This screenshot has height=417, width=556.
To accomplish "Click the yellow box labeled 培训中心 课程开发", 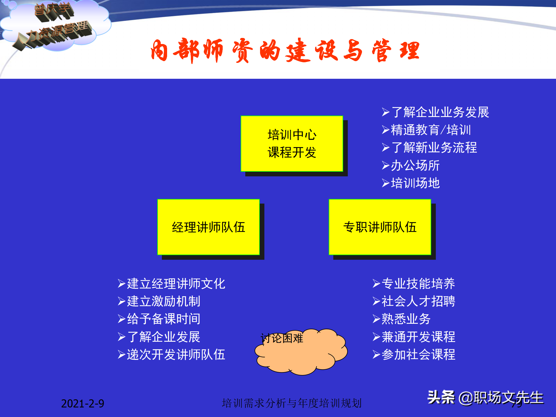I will (292, 144).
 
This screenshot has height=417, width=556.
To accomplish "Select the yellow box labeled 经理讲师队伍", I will (208, 227).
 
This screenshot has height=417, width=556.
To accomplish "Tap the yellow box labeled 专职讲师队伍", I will (380, 227).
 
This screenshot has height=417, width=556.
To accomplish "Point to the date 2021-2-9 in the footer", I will (83, 403).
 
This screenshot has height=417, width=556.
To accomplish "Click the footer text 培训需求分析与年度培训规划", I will (292, 403).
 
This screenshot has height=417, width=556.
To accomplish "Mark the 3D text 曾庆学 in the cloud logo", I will (54, 12).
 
